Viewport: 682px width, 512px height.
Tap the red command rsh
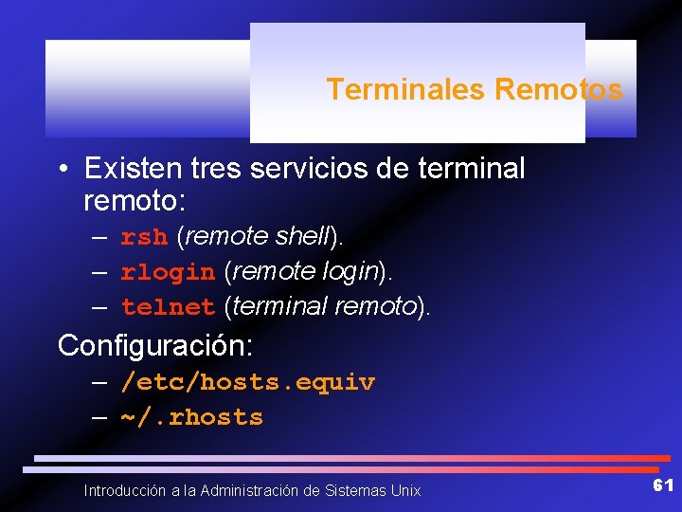144,237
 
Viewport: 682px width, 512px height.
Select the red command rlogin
168,272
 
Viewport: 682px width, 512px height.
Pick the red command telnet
168,307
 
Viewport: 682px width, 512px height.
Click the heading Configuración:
155,345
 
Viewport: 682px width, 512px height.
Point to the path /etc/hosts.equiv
247,382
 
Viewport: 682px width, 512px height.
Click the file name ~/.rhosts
191,417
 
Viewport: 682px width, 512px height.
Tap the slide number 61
663,485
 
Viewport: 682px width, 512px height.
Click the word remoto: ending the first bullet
135,201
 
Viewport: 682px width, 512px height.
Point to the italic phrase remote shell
256,236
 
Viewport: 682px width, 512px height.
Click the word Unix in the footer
404,490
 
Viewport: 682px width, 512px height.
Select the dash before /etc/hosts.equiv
99,383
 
